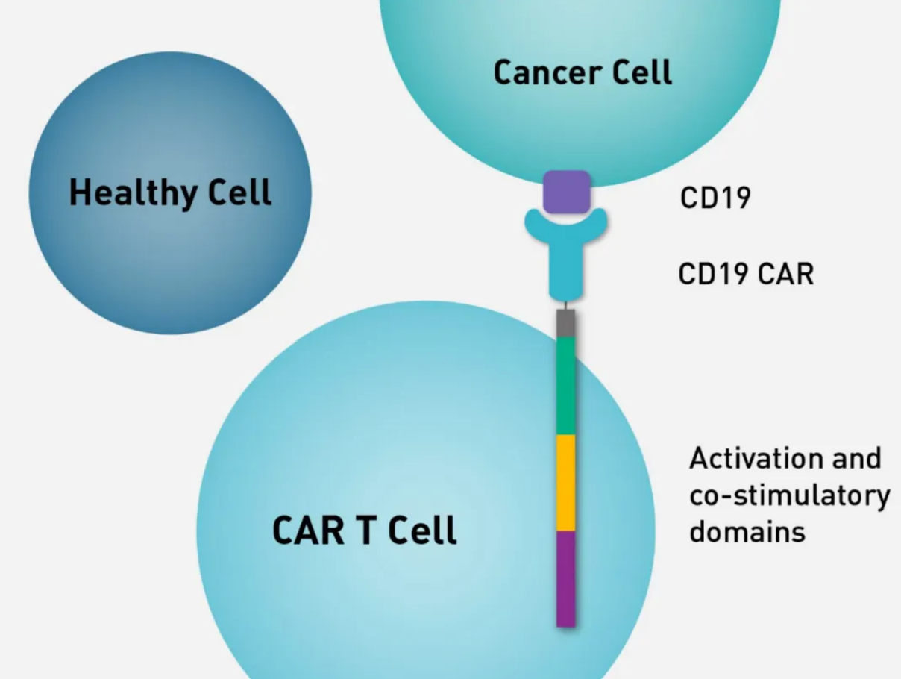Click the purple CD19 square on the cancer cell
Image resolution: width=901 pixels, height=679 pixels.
[x=567, y=193]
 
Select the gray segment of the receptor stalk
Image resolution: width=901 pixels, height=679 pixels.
[x=565, y=324]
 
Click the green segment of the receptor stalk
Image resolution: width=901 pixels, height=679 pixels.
[x=565, y=386]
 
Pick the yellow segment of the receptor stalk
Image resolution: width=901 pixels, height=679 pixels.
[x=565, y=483]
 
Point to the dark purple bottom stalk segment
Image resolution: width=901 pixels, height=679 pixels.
[x=565, y=579]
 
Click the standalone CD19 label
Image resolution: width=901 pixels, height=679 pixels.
[x=715, y=198]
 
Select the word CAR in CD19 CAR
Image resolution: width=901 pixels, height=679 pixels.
[x=785, y=274]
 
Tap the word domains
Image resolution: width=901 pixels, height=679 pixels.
[x=747, y=532]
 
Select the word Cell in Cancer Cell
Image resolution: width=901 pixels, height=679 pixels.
[x=642, y=72]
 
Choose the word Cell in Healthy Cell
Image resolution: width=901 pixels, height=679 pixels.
[x=239, y=192]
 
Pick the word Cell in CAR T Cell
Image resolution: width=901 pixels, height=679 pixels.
[x=422, y=530]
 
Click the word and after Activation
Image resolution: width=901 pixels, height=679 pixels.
[x=857, y=458]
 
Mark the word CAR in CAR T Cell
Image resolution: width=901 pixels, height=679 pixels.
[x=308, y=531]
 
